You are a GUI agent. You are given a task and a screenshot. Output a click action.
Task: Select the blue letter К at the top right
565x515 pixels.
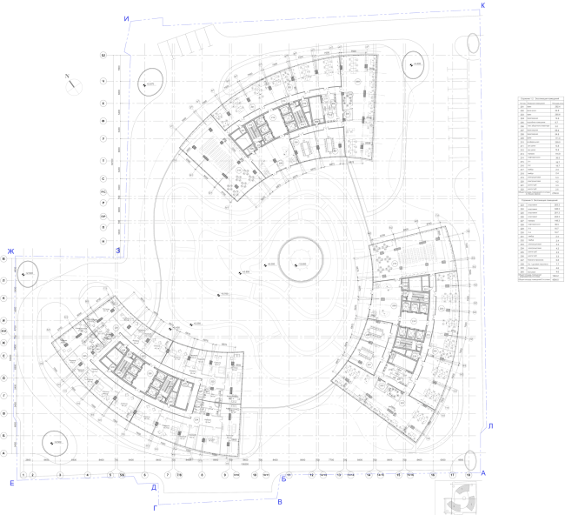tap(483, 6)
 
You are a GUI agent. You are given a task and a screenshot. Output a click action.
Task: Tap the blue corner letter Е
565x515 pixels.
tap(11, 482)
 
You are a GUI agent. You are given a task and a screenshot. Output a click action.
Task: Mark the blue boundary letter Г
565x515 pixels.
tap(156, 506)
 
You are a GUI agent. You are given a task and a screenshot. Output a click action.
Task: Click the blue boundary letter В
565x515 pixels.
tap(279, 503)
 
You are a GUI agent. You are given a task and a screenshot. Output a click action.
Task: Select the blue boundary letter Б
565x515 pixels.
tap(283, 480)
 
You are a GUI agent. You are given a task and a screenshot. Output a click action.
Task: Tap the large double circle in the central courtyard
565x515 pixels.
tap(301, 258)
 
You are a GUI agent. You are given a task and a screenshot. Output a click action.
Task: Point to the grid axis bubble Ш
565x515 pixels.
tap(103, 56)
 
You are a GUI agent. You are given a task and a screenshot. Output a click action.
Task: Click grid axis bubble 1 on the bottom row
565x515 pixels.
tap(23, 475)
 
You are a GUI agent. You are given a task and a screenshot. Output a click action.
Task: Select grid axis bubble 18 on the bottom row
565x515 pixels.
tap(469, 475)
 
